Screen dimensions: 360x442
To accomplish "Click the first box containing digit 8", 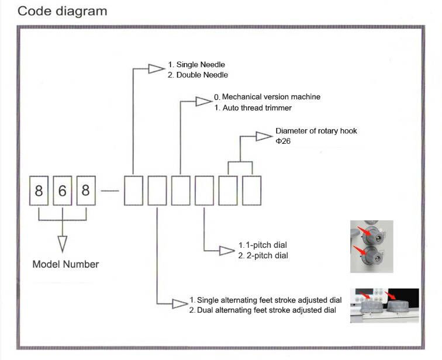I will (39, 191).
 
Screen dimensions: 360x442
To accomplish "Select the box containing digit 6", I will (62, 191).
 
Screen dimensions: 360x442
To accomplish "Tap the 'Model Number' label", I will (65, 264).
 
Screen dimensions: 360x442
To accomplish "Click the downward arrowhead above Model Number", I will (63, 243).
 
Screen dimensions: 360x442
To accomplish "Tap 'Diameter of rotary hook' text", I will (316, 131).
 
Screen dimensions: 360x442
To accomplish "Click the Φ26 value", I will (284, 141).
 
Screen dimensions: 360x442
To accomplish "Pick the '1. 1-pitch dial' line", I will (263, 244).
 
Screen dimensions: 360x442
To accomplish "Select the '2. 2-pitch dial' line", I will (263, 255).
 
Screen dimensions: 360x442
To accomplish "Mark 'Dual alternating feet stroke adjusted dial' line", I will (263, 310).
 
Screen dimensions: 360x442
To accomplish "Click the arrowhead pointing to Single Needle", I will (156, 69).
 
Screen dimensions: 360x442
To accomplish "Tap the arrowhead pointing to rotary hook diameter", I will (264, 136).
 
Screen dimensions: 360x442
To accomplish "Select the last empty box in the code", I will (251, 191).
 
